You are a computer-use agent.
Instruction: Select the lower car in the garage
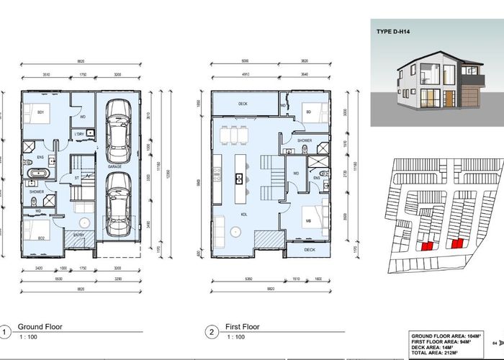(x=117, y=204)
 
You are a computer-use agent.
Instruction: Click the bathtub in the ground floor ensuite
(x=37, y=174)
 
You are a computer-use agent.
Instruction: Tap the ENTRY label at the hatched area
(x=78, y=235)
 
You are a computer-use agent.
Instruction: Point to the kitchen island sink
(x=236, y=177)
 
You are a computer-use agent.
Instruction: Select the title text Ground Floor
(x=40, y=327)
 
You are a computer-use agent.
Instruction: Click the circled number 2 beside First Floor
(x=212, y=332)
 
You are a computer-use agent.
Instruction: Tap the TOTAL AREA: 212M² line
(x=441, y=351)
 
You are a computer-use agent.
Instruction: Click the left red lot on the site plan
(x=426, y=246)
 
